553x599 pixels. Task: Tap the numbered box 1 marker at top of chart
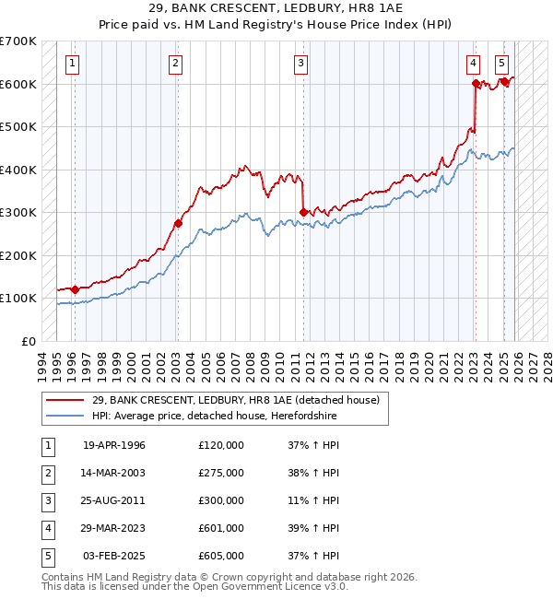(x=73, y=64)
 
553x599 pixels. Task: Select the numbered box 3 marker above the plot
(x=301, y=64)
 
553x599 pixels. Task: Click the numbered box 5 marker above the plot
(x=501, y=64)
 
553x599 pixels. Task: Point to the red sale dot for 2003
(x=179, y=223)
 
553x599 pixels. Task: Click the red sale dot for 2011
(x=303, y=212)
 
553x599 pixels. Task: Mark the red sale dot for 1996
(x=75, y=289)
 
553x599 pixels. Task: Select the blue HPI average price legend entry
(x=214, y=417)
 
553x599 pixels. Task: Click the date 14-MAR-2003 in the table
(x=114, y=473)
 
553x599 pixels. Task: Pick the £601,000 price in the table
(x=221, y=528)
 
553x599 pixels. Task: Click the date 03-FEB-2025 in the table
(x=114, y=556)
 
